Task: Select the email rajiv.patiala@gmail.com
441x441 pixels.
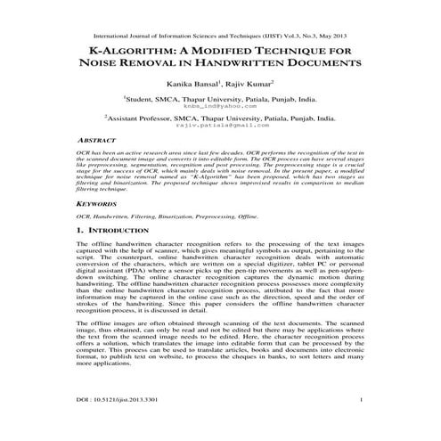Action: coord(221,126)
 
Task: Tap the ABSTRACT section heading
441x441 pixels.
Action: coord(95,141)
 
